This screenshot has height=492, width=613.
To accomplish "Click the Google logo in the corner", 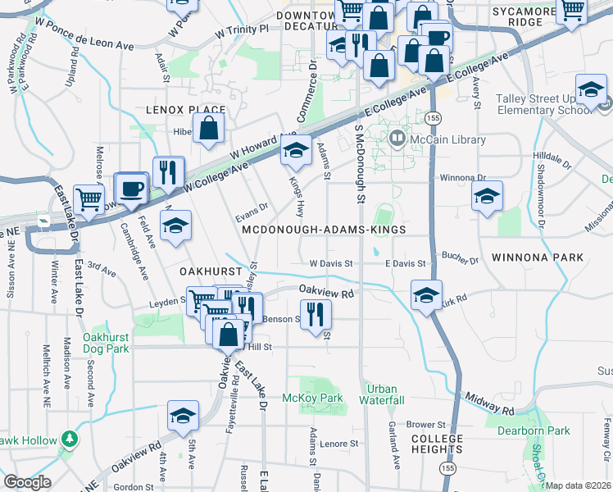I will coord(27,481).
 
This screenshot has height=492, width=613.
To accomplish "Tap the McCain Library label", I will coord(448,140).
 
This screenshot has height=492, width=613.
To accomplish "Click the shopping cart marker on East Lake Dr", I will coord(89,198).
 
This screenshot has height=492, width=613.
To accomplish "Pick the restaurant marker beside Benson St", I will coord(315,313).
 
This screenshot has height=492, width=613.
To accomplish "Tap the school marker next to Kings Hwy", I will coord(296,150).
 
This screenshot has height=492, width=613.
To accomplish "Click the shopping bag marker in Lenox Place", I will coord(210,127).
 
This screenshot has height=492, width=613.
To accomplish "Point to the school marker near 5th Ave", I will coord(183,416).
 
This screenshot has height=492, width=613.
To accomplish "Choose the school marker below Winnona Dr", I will coord(487,196).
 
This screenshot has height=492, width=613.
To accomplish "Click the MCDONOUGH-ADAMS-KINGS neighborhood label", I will coord(324,230).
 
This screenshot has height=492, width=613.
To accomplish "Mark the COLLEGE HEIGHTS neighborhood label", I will coord(437,444).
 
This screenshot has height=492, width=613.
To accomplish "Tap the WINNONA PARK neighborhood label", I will coord(538,257).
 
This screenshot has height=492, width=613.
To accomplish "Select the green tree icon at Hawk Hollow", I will coord(70,439).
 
